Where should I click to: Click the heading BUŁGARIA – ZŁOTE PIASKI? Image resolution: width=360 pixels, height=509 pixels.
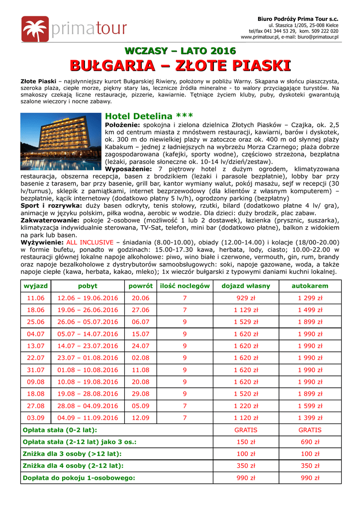point(180,66)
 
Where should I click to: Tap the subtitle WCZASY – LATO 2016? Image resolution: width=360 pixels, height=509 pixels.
point(180,51)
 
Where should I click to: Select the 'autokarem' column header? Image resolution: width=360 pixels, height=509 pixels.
point(310,286)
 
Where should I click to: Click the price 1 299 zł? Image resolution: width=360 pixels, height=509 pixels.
point(310,298)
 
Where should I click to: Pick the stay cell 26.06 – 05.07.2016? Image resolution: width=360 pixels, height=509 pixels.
point(88,322)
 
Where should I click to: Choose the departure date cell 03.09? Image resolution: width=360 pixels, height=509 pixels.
point(36,418)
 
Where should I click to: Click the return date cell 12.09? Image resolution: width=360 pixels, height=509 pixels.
point(140,418)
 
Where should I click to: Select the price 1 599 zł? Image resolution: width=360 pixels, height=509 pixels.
point(310,406)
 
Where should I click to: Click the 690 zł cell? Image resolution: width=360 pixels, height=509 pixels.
point(310,442)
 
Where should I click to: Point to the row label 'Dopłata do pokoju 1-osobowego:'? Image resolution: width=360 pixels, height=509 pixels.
point(79,478)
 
